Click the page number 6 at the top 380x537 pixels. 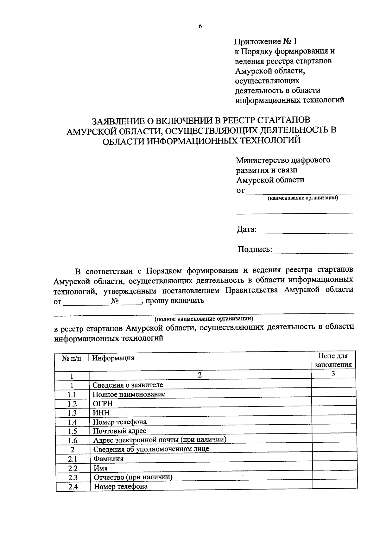point(200,27)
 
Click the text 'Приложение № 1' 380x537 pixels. point(266,41)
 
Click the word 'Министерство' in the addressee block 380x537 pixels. point(262,160)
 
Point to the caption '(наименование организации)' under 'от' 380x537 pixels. point(302,198)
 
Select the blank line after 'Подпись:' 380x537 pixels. point(313,250)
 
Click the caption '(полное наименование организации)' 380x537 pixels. point(204,318)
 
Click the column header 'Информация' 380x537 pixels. point(113,358)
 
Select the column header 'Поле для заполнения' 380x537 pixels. point(333,360)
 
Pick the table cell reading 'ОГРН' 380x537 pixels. point(103,404)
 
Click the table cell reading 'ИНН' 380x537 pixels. point(101,413)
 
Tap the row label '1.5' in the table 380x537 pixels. point(72,431)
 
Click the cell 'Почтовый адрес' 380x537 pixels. point(119,431)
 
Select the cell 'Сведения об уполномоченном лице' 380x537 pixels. point(151,449)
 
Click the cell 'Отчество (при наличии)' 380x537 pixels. point(133,477)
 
